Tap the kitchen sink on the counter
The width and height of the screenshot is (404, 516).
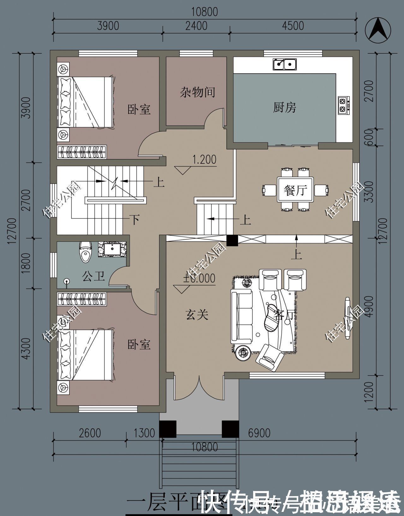pos(284,64)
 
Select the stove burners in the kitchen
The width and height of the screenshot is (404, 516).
pos(342,105)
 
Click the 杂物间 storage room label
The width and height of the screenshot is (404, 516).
pos(198,92)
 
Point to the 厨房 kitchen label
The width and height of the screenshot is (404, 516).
pos(284,108)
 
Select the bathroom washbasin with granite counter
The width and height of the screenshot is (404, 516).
pos(112,249)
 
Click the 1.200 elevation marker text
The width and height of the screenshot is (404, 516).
pos(204,160)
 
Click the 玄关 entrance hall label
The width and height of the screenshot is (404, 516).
pos(197,314)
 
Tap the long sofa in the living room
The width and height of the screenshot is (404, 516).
pos(242,317)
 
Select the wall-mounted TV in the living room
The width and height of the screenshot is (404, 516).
pos(348,318)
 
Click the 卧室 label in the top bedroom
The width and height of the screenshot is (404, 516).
pos(139,110)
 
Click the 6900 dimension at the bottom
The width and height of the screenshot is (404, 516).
pos(259,433)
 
